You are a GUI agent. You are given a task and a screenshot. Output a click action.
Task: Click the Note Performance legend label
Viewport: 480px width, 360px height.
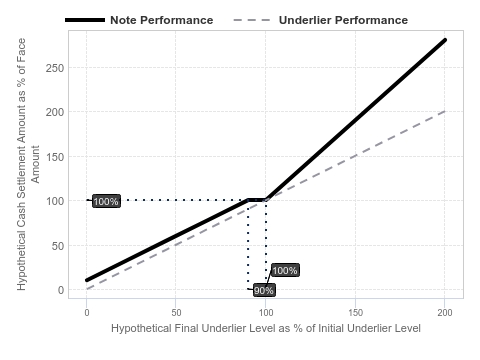click(162, 20)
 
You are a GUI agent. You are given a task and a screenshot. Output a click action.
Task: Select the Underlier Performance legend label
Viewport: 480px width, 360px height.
click(343, 20)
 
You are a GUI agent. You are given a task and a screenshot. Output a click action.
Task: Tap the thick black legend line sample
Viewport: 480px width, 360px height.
click(85, 20)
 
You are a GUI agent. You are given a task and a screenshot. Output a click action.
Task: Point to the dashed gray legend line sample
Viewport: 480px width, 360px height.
click(252, 20)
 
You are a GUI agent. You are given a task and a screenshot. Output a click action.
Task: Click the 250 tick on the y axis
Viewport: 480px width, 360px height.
click(55, 68)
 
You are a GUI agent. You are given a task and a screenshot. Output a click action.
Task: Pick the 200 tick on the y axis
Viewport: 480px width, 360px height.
click(55, 112)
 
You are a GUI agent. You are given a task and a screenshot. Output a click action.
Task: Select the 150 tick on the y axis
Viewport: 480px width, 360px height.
click(55, 157)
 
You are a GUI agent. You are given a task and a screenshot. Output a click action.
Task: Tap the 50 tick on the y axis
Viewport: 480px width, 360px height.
click(58, 246)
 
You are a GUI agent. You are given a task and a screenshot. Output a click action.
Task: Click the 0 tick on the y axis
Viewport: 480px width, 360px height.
click(61, 290)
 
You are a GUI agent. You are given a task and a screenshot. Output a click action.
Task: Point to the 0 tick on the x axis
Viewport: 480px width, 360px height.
click(87, 313)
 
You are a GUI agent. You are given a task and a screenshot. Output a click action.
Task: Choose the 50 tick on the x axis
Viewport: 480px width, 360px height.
click(176, 313)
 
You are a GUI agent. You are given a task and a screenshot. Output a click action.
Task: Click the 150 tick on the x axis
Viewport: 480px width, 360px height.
click(356, 313)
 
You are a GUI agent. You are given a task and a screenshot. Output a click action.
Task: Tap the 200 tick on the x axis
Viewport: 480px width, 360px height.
click(445, 313)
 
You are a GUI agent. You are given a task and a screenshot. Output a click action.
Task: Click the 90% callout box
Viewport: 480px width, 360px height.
click(264, 290)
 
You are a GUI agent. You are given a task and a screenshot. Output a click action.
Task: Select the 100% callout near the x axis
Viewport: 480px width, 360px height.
click(285, 270)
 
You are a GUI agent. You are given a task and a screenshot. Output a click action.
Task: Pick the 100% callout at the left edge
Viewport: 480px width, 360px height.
click(106, 201)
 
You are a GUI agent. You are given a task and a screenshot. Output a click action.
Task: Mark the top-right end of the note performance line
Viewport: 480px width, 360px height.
click(445, 40)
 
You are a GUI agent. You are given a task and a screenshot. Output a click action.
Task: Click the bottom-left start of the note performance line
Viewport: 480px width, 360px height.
click(87, 280)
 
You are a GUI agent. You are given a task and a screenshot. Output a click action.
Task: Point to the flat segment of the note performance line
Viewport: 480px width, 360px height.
click(257, 200)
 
